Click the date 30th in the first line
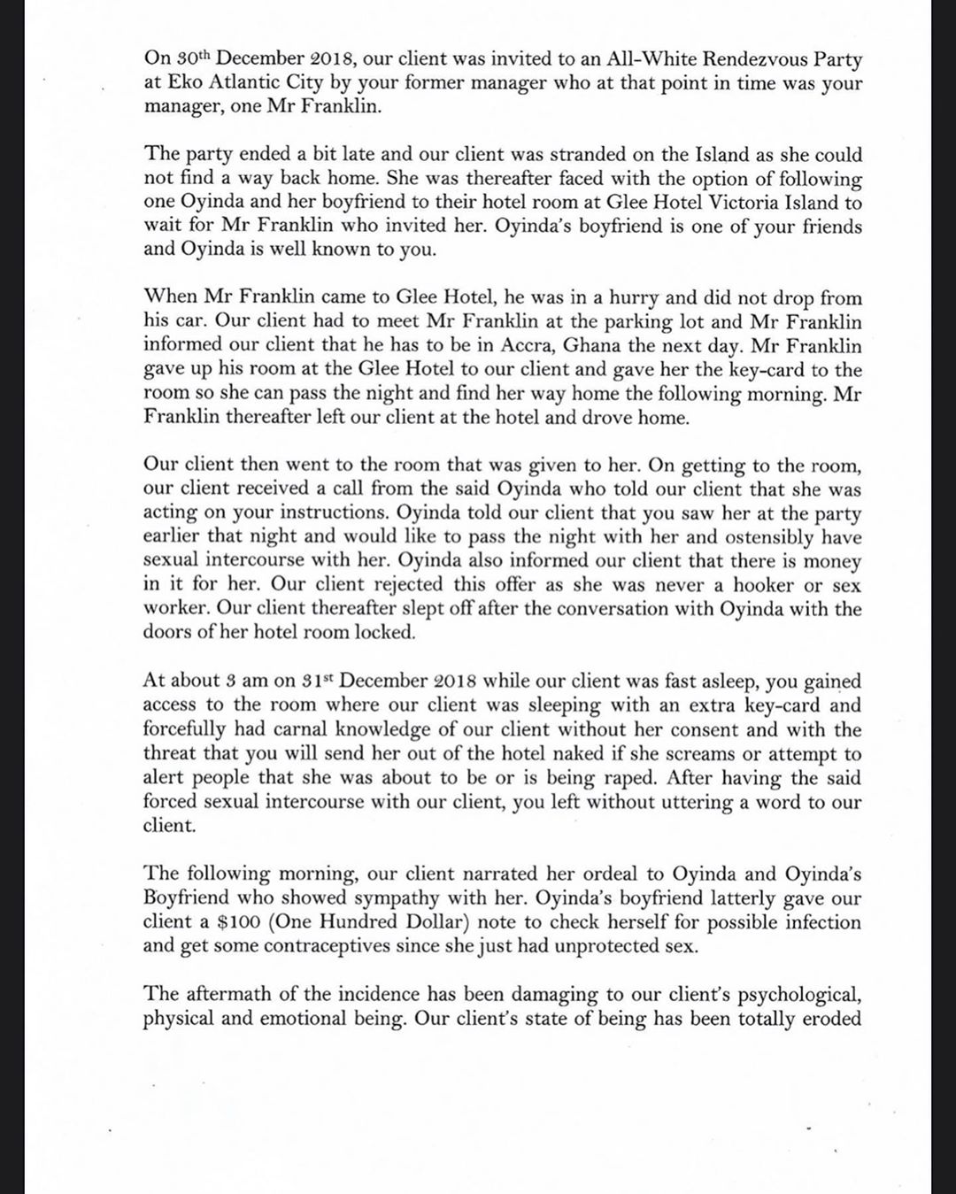pyautogui.click(x=193, y=59)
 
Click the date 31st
pyautogui.click(x=314, y=681)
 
